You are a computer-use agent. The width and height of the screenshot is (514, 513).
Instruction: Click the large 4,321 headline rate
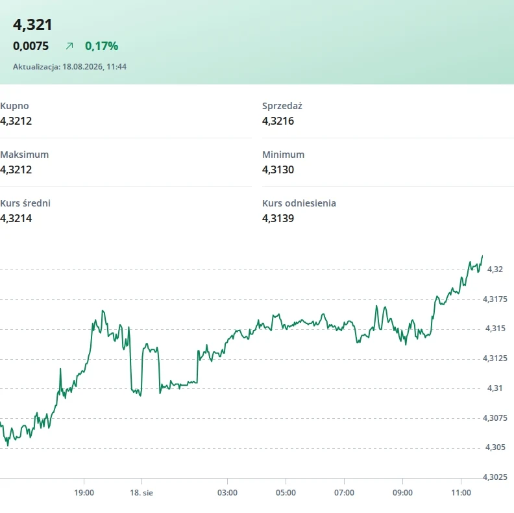(32, 25)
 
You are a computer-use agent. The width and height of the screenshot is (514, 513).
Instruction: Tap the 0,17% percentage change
(102, 46)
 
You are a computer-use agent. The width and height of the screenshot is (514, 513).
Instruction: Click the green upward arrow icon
(69, 46)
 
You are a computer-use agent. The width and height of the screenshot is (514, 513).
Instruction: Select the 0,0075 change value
(31, 46)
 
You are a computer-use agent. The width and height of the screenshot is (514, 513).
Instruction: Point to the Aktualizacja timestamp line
(69, 67)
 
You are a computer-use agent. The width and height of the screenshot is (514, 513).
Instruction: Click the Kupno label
(14, 106)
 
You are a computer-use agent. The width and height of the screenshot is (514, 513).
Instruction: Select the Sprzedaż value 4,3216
(278, 121)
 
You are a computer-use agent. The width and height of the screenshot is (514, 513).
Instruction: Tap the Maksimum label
(24, 155)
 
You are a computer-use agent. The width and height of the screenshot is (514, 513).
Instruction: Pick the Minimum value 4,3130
(278, 169)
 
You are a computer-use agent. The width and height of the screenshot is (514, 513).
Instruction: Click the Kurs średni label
(25, 203)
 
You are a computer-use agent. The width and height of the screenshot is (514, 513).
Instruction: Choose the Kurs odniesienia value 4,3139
(278, 218)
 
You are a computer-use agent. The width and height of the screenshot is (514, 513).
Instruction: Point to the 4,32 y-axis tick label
(495, 269)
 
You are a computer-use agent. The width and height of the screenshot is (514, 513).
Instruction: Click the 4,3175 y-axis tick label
(495, 299)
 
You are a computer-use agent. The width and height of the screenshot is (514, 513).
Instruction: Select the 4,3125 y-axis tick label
(495, 358)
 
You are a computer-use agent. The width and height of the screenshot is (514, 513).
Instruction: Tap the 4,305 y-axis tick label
(495, 447)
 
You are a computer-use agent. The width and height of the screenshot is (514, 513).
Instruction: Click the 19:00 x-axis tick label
(84, 493)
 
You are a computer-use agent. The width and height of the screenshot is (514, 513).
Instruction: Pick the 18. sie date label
(141, 493)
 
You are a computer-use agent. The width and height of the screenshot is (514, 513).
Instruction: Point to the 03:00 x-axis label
(228, 493)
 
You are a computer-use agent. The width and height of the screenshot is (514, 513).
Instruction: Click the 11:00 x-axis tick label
(461, 493)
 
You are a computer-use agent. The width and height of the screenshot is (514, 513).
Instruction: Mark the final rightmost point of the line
(482, 256)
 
